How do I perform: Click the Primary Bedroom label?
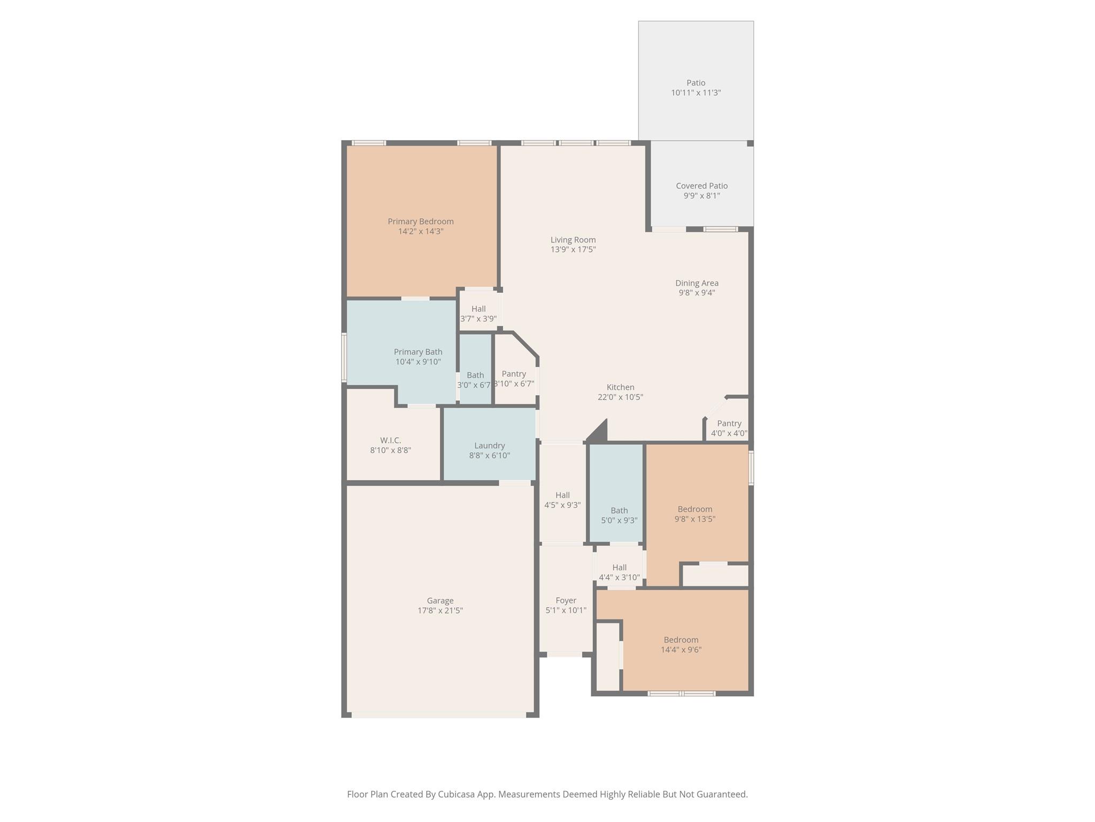click(420, 222)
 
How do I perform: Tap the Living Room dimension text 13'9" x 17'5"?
click(573, 249)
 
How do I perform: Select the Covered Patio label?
click(701, 186)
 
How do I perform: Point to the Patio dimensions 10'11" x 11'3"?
click(696, 93)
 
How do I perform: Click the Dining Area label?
click(697, 283)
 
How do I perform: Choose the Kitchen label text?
click(620, 387)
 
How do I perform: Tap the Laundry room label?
click(489, 446)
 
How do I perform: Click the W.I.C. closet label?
click(390, 440)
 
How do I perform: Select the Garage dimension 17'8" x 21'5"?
click(440, 611)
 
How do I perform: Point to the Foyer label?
click(566, 600)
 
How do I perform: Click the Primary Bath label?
click(418, 352)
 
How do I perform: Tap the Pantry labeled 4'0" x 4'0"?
click(729, 429)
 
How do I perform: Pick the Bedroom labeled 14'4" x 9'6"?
click(681, 645)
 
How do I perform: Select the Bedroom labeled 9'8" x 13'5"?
click(695, 514)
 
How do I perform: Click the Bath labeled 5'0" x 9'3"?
click(619, 515)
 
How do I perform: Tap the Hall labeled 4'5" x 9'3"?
click(562, 500)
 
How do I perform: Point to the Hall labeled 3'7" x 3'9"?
click(479, 314)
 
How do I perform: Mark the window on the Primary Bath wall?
click(344, 357)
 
